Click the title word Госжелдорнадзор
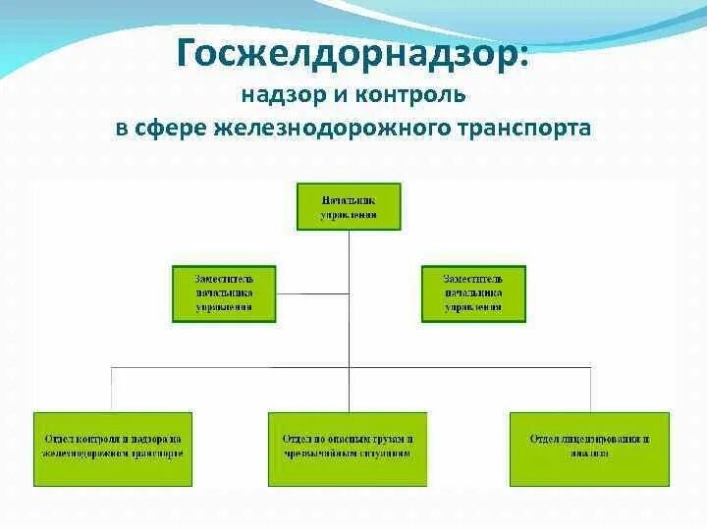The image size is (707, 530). pos(353,53)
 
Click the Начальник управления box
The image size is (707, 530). pos(349,206)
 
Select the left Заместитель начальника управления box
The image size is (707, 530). pos(224,293)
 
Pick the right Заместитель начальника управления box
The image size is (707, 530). pos(473,293)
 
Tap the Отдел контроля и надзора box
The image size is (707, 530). pos(113,449)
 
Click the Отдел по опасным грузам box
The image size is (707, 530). pos(348,449)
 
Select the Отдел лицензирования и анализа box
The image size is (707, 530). pos(589,449)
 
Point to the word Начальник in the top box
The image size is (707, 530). pos(349,199)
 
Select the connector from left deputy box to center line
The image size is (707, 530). pos(312,293)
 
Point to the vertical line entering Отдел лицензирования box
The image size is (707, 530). pos(591,390)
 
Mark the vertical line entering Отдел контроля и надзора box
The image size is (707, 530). pos(112,390)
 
